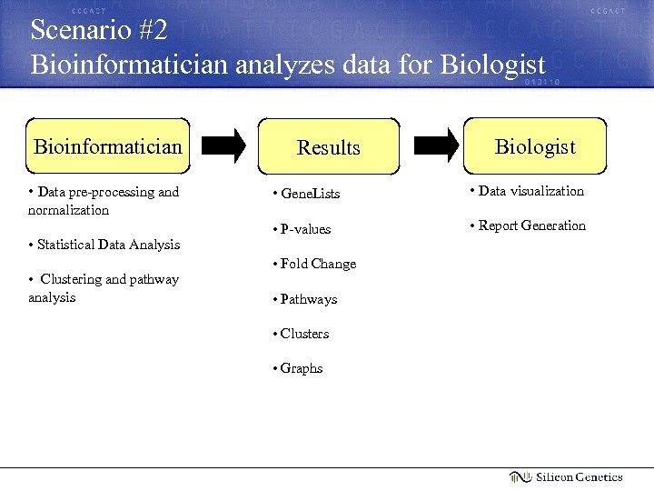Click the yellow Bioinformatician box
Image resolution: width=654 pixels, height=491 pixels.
pyautogui.click(x=108, y=145)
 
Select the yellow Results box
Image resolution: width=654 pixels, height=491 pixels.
pyautogui.click(x=329, y=146)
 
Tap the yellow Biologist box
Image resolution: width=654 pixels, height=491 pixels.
pyautogui.click(x=535, y=145)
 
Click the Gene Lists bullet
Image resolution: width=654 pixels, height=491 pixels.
pyautogui.click(x=308, y=194)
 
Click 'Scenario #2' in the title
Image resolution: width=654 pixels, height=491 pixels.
pyautogui.click(x=99, y=30)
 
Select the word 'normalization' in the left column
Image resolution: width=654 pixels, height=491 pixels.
pyautogui.click(x=68, y=210)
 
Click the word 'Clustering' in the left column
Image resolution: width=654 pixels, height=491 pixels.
pyautogui.click(x=73, y=279)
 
